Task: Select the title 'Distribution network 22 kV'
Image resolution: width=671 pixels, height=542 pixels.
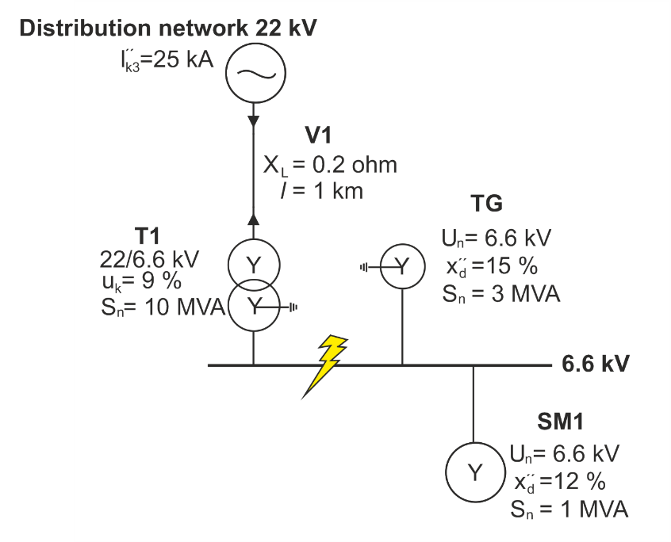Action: coord(168,29)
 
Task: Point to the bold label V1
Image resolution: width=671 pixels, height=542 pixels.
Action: coord(329,135)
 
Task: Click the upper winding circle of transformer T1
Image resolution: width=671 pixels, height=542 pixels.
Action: coord(253,265)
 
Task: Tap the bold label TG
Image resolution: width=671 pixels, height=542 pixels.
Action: coord(486,204)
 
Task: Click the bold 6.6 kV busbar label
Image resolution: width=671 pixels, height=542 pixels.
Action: coord(596,365)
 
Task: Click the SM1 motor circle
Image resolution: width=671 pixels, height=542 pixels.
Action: coord(474,473)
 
